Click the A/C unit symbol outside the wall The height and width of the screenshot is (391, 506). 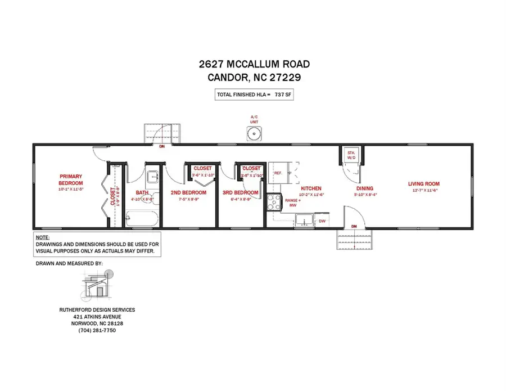click(254, 133)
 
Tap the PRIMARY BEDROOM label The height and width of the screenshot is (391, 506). click(71, 179)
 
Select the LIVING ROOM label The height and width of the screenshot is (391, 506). click(423, 183)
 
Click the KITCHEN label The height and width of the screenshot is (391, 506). click(311, 188)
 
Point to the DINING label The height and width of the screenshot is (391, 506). click(364, 189)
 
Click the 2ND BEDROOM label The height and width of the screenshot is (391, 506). click(188, 192)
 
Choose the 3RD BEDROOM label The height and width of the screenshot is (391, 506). click(240, 192)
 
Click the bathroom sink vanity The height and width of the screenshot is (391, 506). click(153, 178)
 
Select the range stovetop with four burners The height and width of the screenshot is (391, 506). click(273, 202)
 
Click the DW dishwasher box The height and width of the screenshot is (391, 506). click(322, 221)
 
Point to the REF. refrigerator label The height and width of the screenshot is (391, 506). click(278, 173)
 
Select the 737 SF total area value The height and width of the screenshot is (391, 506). click(282, 95)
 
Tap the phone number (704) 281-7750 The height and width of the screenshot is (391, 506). click(97, 330)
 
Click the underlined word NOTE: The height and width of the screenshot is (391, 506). click(43, 238)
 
